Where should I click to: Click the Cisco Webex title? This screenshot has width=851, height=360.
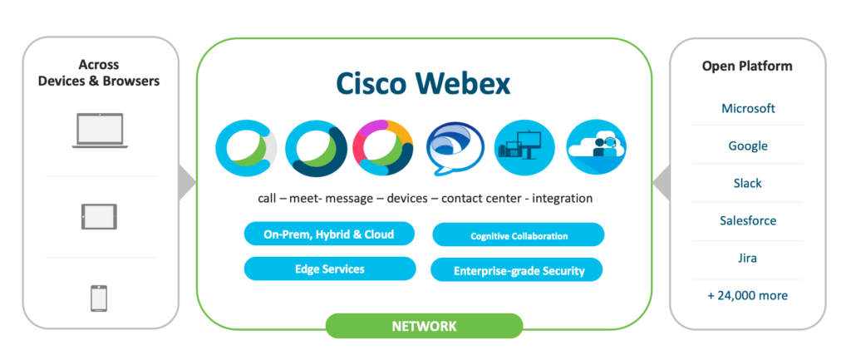click(424, 84)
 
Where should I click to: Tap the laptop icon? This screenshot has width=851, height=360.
click(99, 131)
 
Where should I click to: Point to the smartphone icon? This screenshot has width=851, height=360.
click(99, 298)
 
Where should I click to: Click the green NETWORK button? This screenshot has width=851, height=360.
click(424, 326)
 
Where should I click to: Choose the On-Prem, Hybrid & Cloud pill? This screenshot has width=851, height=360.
click(329, 234)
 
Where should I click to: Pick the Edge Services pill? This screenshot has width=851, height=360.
click(329, 269)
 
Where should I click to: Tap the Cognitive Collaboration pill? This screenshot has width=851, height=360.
click(519, 235)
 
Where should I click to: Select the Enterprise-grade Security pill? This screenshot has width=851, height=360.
click(519, 270)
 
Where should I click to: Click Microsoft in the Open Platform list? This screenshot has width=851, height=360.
click(748, 108)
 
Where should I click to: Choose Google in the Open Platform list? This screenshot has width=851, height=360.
click(748, 145)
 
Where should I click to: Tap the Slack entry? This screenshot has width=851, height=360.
click(748, 183)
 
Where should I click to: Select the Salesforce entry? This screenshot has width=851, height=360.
click(748, 220)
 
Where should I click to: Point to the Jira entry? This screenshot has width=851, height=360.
click(748, 258)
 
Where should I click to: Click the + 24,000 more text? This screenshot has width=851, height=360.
click(748, 295)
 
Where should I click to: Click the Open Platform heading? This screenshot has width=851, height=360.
click(748, 66)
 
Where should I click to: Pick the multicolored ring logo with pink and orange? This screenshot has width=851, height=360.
click(384, 150)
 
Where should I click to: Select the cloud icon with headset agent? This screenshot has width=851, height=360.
click(596, 150)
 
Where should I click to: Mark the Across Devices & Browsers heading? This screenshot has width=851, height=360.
click(99, 73)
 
